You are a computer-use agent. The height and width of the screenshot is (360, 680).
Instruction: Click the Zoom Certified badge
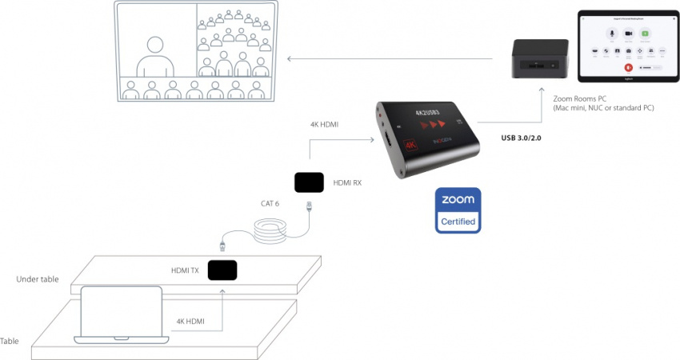coord(458,210)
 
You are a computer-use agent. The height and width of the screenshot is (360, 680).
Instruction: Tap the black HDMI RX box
coord(309,182)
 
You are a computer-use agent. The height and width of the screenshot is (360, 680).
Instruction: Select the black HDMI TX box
coord(222,270)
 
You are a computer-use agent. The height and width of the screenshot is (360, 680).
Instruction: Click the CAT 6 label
coord(270,203)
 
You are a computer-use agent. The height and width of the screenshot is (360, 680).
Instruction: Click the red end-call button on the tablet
coord(628,68)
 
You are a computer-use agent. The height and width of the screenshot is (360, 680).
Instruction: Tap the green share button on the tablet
coord(646,34)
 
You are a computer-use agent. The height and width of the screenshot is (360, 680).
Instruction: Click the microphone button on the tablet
coord(611,34)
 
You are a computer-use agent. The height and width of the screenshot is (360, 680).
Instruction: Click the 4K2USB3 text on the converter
coord(428,113)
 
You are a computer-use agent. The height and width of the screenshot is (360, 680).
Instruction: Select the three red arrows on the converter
coord(431,125)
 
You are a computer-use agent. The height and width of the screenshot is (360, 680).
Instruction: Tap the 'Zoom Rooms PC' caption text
coord(575,98)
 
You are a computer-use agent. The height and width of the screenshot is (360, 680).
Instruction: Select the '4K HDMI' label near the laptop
coord(190,322)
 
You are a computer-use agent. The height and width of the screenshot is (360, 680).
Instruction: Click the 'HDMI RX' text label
coord(346,183)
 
